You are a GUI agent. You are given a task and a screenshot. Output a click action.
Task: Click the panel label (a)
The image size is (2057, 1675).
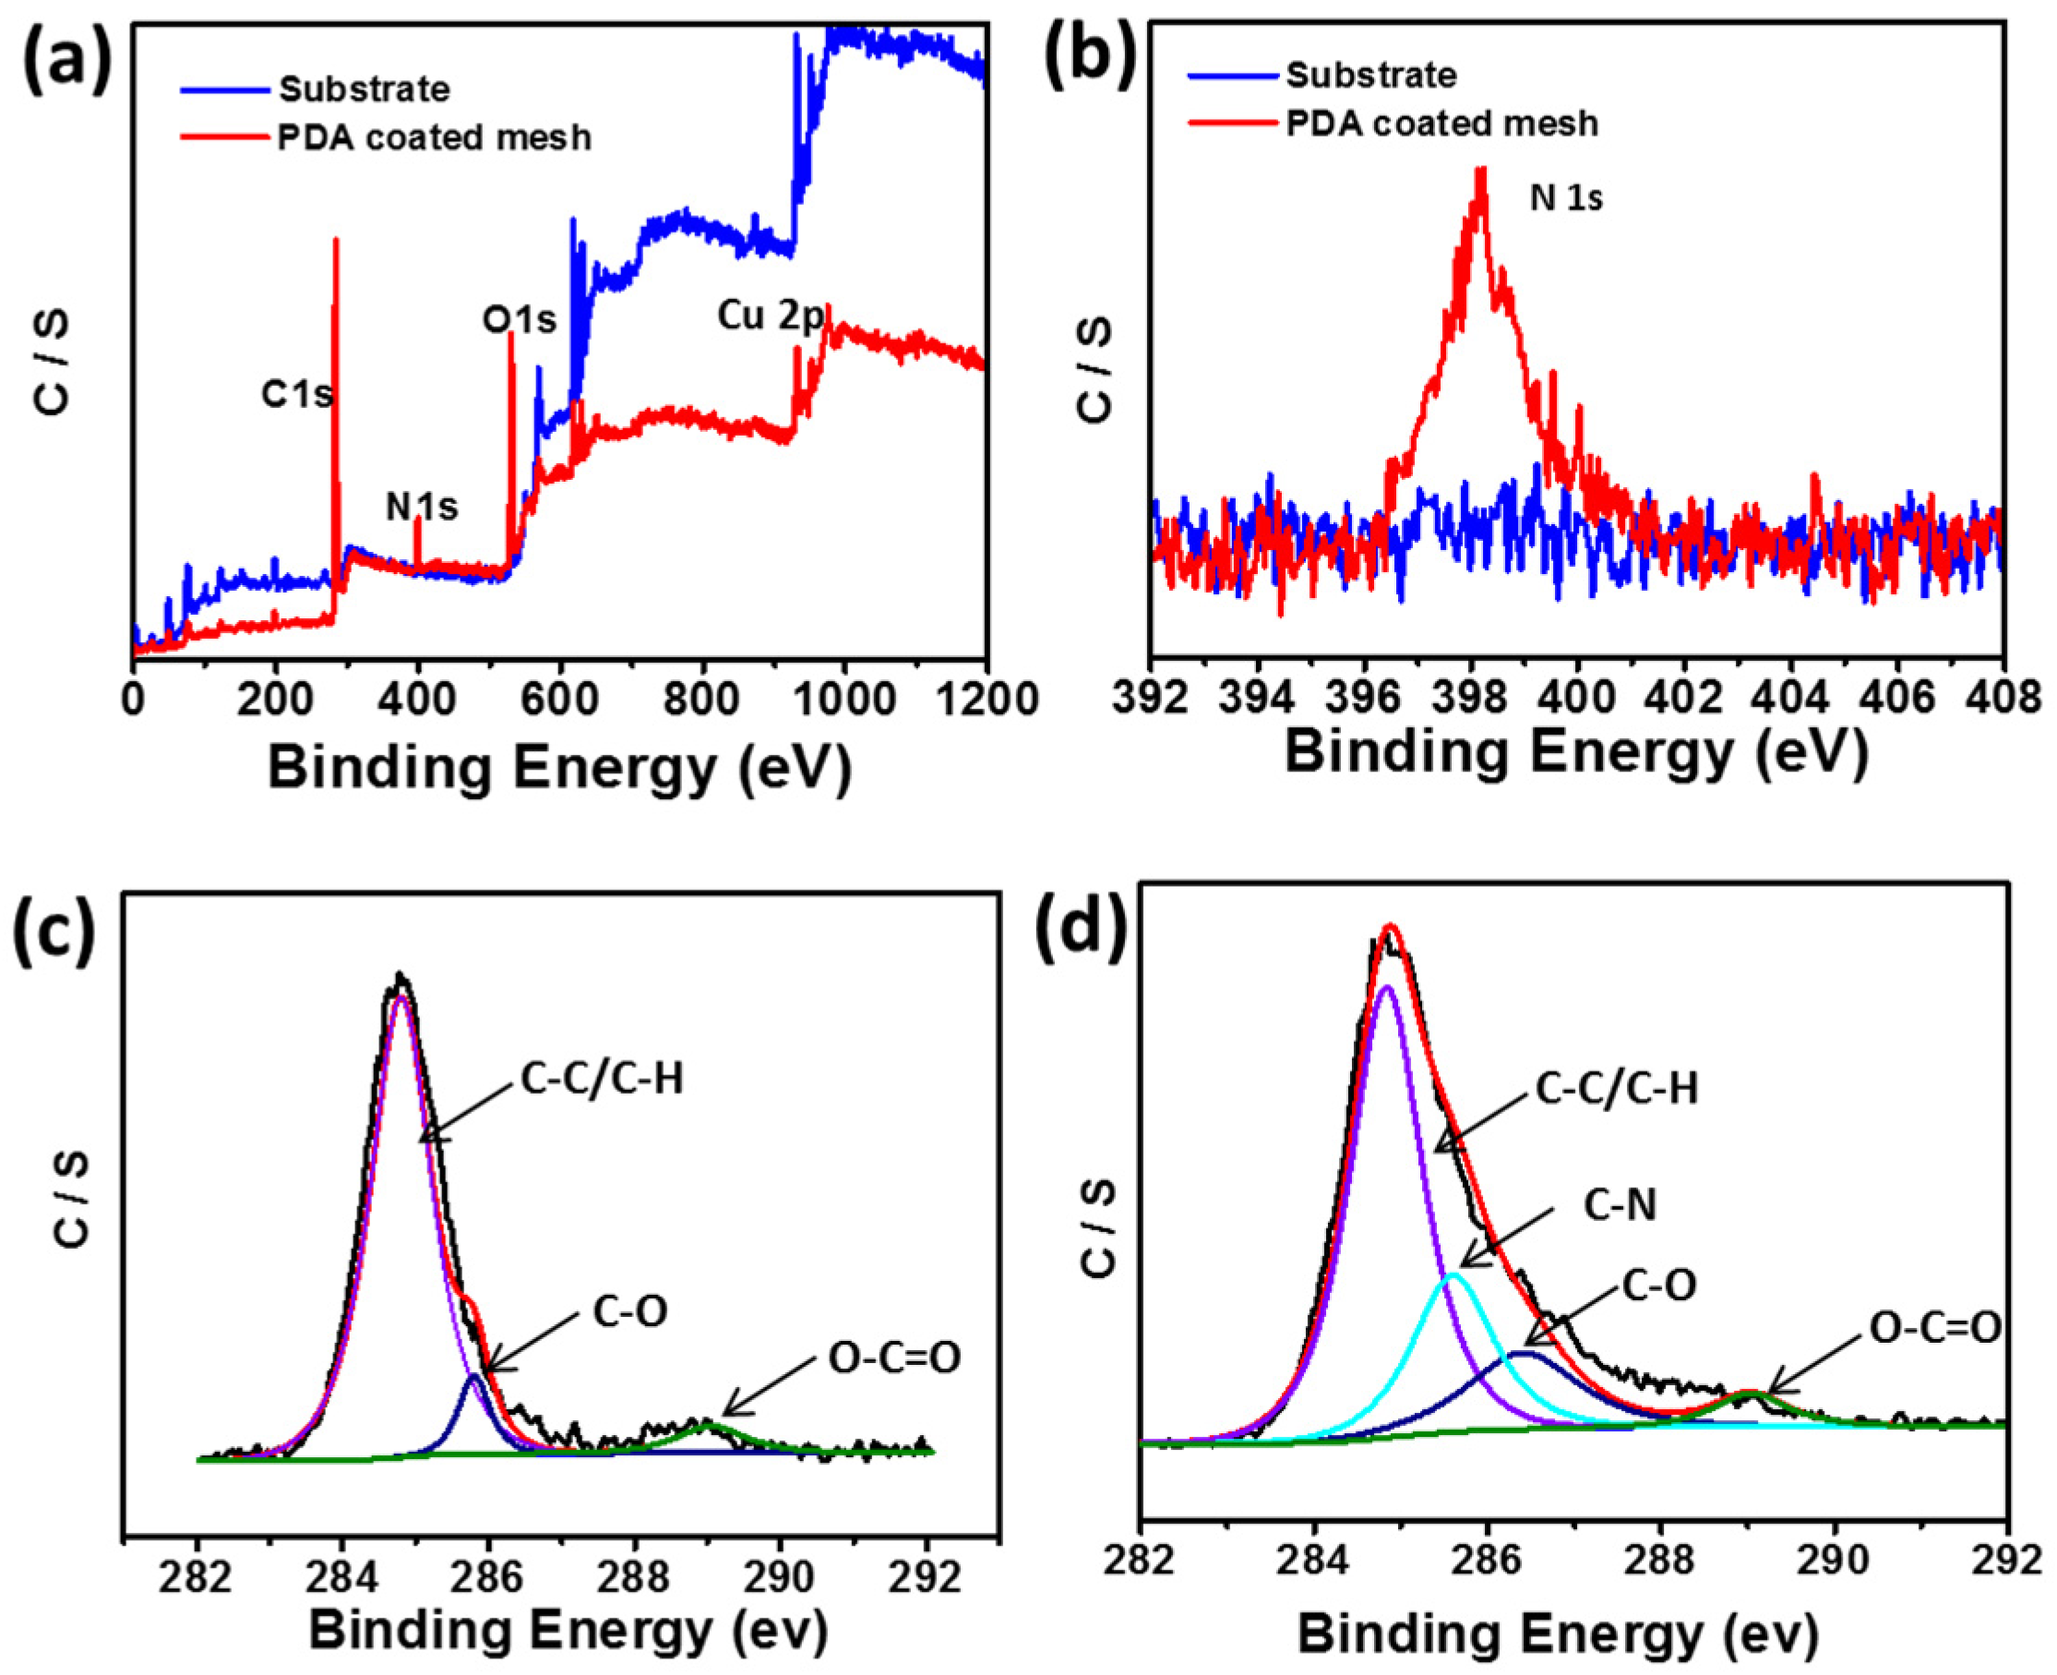point(66,60)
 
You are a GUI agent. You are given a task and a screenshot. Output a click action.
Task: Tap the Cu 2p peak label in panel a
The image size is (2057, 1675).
point(770,316)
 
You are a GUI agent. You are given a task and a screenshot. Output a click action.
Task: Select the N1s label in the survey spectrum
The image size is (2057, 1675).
point(422,507)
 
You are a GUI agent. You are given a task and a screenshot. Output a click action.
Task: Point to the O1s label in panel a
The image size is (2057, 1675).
point(519,319)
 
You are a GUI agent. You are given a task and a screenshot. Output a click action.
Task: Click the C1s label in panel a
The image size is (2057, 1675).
point(296,394)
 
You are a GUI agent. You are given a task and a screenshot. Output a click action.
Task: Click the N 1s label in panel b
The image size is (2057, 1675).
point(1566,198)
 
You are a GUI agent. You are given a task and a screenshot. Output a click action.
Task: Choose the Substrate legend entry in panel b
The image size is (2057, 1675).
point(1370,76)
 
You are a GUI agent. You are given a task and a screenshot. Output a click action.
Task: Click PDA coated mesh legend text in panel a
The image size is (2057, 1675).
point(434,138)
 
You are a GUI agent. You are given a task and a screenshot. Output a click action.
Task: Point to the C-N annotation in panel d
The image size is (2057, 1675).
point(1619,1205)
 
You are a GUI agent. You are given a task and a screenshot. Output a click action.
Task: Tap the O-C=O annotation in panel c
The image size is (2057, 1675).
point(894,1358)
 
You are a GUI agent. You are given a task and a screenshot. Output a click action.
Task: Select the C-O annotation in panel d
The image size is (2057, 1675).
point(1657,1286)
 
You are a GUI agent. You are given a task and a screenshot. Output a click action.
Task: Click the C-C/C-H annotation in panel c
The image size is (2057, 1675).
point(602,1080)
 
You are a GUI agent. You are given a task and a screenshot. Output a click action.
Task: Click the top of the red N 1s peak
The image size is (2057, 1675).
point(1480,170)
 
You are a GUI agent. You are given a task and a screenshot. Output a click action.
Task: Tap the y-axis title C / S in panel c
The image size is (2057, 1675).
point(69,1202)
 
